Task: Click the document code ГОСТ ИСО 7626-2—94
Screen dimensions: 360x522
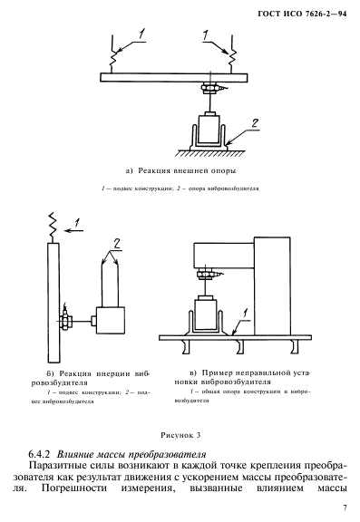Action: click(x=302, y=14)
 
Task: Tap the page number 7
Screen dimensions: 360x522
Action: click(x=345, y=507)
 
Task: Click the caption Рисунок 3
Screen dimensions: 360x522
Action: click(x=180, y=435)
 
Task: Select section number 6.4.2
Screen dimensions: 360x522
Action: click(x=39, y=454)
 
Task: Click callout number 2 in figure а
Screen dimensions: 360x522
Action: click(x=255, y=123)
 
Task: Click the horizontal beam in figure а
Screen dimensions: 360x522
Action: click(x=174, y=78)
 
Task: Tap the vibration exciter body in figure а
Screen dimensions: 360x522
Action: click(x=209, y=130)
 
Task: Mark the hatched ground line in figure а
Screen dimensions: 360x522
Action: click(x=210, y=153)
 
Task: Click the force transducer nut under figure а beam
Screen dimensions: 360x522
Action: click(x=209, y=87)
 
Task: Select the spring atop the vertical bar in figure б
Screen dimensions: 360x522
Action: click(x=53, y=227)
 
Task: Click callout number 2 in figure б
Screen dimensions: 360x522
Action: click(x=117, y=245)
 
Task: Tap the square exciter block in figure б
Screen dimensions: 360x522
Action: click(x=111, y=320)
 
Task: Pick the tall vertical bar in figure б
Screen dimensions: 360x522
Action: click(x=54, y=303)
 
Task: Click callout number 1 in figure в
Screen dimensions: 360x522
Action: click(x=246, y=313)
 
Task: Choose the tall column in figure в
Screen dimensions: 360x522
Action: click(x=272, y=286)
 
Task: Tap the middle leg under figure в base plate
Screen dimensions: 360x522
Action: click(x=239, y=347)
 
